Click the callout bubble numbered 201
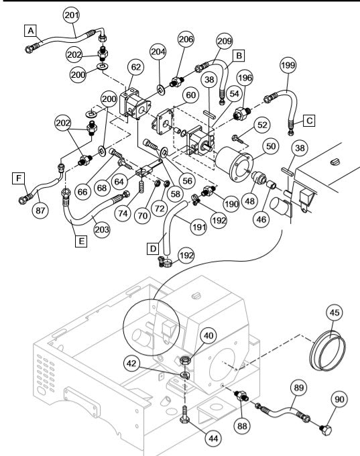[70, 15]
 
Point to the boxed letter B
[238, 54]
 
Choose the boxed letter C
[309, 121]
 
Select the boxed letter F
[20, 178]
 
